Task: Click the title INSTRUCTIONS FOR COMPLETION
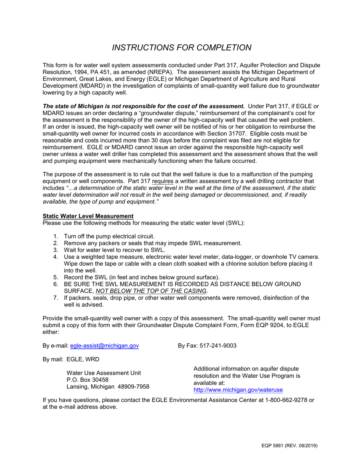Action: pyautogui.click(x=181, y=47)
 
